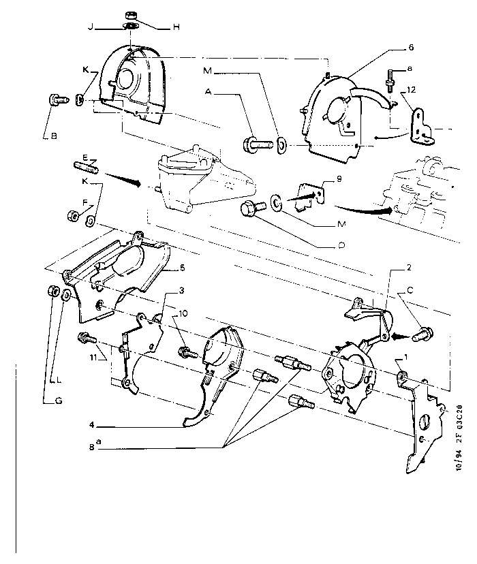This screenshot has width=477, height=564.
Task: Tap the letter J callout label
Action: point(90,27)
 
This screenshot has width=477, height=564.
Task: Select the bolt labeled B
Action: point(57,100)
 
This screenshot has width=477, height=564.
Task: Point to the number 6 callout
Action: point(411,48)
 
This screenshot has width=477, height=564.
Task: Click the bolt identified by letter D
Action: point(249,210)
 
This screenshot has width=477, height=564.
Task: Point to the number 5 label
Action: point(182,268)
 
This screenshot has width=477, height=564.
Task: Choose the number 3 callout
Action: point(182,291)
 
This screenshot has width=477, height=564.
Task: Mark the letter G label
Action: point(59,401)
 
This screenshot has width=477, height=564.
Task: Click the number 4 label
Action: point(91,426)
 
